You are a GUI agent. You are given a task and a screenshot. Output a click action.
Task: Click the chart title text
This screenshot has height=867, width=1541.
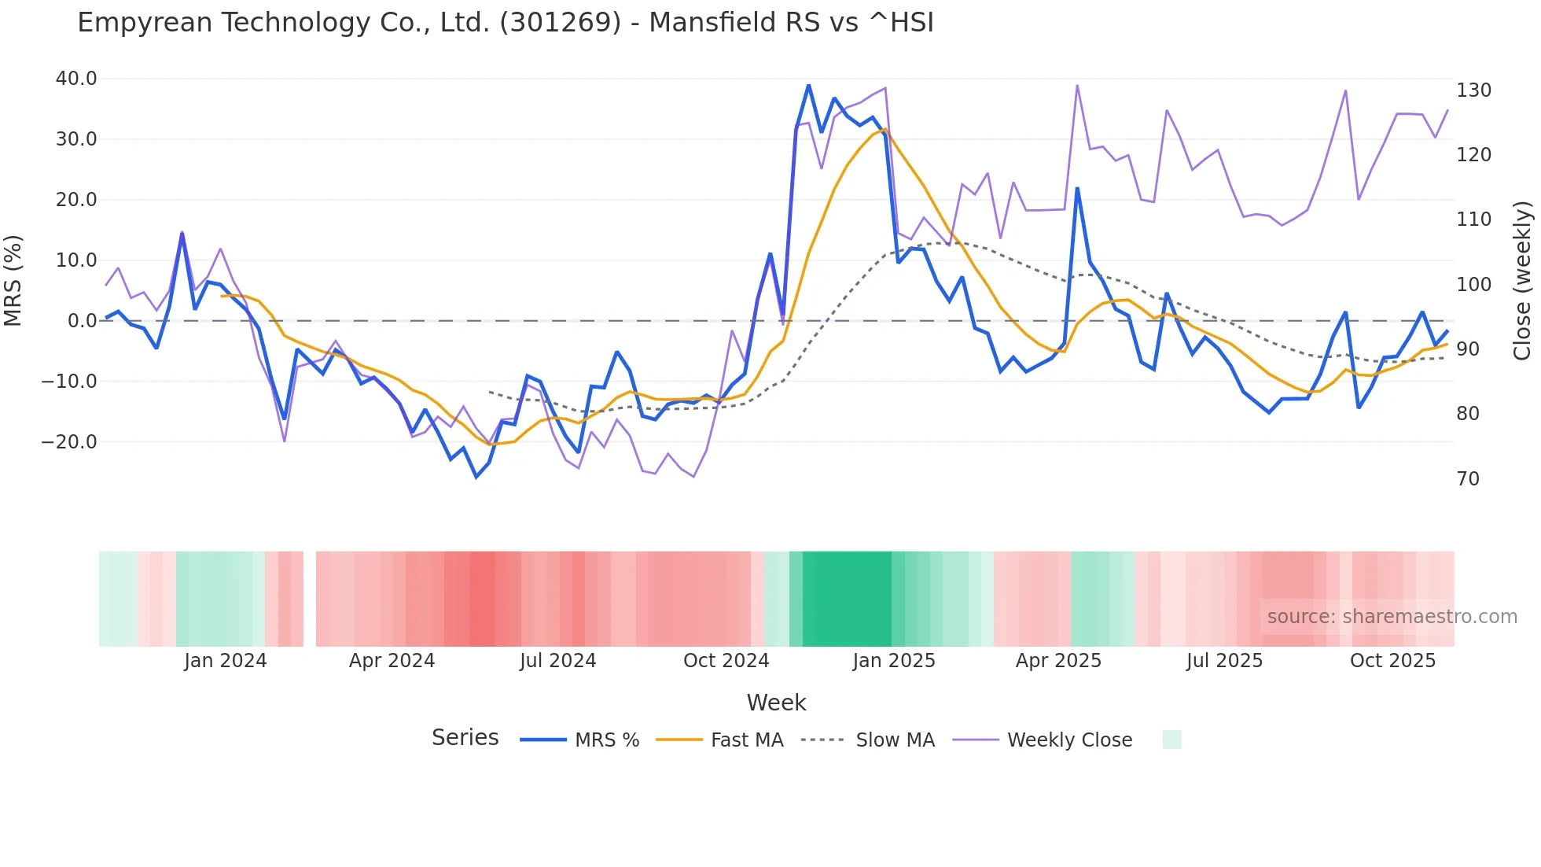506,23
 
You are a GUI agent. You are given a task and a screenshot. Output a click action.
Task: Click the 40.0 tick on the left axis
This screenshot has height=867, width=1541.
76,79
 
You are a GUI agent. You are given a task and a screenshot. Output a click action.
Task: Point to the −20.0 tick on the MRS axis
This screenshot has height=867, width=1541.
69,442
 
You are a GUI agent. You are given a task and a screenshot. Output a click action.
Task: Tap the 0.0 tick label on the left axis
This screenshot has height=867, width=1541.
82,321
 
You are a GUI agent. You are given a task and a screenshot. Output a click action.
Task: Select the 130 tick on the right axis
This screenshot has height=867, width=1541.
1473,90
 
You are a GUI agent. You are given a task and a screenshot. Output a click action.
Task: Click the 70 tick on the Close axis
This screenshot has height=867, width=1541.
1468,478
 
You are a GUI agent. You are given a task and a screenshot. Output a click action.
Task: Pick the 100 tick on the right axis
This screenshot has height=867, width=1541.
1473,285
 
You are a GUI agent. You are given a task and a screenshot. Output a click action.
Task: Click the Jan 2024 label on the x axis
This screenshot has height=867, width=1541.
226,661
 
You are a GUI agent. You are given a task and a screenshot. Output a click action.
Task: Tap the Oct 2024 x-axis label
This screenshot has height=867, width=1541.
726,661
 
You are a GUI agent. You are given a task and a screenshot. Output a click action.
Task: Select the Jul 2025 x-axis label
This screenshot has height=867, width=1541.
1224,661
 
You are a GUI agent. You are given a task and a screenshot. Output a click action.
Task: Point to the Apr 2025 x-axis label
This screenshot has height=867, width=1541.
1058,661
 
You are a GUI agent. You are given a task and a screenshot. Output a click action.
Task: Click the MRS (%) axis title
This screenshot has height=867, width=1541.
13,280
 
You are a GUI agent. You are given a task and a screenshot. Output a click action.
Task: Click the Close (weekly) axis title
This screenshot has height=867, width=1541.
1522,280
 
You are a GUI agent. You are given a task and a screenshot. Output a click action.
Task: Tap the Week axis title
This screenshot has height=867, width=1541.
776,703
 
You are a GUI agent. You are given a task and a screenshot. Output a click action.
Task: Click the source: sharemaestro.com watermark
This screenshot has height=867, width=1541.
1392,617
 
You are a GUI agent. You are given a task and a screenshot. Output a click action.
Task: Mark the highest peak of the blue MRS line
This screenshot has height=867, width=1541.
808,85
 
